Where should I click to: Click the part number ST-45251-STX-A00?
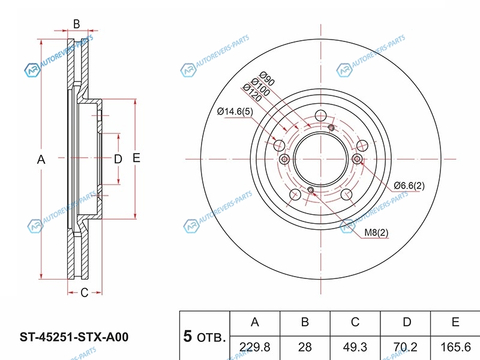pos(74,337)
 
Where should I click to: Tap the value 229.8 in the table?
pos(254,347)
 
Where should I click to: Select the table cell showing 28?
pos(305,347)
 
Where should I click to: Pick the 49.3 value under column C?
pos(355,347)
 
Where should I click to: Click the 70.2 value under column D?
pos(406,347)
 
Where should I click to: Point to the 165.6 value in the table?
pos(455,347)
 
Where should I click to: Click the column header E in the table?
pos(455,322)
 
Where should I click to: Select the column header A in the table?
pos(254,322)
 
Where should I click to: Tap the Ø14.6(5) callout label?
pos(235,112)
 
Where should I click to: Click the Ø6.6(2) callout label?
pos(409,185)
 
